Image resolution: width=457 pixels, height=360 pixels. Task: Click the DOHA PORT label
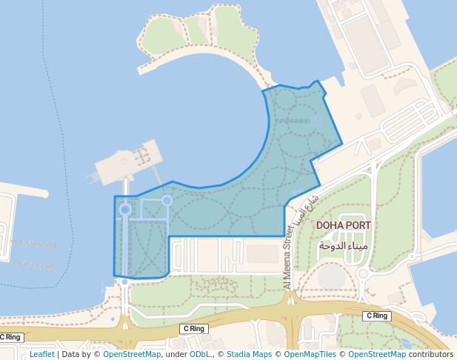(x=343, y=224)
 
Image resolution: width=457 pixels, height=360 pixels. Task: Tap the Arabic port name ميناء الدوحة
(x=343, y=244)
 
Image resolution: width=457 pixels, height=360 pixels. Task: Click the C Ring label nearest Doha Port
(x=376, y=316)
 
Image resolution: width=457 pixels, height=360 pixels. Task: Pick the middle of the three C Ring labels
(x=193, y=328)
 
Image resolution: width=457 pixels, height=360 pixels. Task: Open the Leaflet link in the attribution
(x=41, y=354)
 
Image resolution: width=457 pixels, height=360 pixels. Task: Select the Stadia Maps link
(x=249, y=354)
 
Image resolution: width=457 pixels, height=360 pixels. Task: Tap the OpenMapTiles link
(x=307, y=354)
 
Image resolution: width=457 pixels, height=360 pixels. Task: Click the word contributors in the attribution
(x=430, y=354)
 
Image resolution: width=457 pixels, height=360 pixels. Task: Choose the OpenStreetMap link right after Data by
(x=132, y=354)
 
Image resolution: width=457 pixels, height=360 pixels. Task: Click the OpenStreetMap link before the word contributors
(x=373, y=354)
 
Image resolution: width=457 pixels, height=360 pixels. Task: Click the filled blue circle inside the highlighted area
(x=125, y=210)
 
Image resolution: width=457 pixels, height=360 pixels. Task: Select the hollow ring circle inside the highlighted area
(x=167, y=200)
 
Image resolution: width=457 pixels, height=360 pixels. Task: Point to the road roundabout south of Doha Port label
(x=362, y=274)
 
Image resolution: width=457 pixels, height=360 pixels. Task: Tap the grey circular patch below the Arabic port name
(x=331, y=275)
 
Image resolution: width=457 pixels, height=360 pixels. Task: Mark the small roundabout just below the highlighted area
(x=124, y=282)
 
